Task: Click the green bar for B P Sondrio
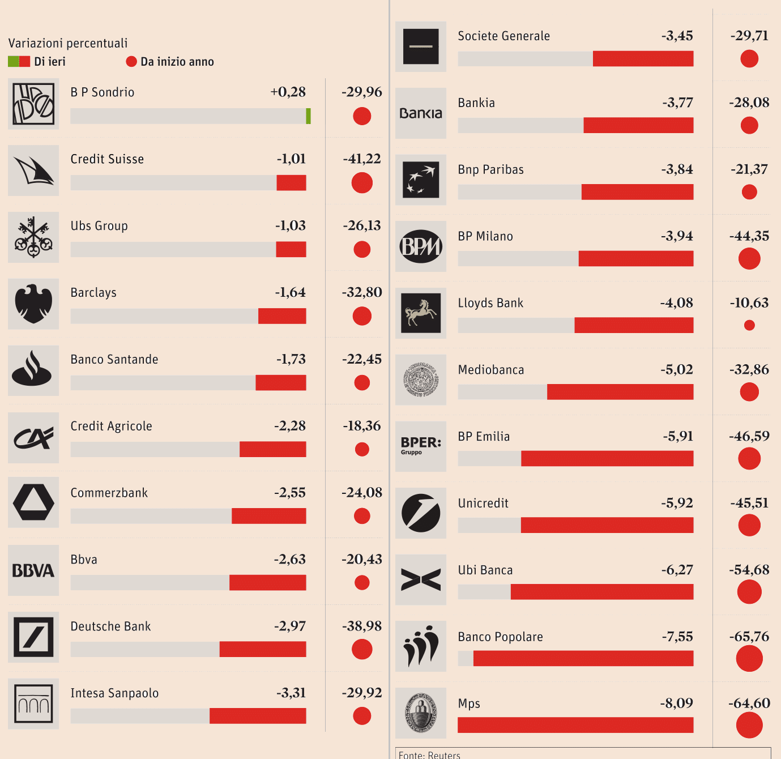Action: pos(308,116)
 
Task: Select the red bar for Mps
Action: pos(575,725)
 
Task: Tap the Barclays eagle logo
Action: pos(33,304)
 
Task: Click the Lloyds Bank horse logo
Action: pos(421,313)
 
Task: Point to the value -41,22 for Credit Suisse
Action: pos(362,159)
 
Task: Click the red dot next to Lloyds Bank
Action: pos(749,325)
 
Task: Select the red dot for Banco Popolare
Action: pos(749,659)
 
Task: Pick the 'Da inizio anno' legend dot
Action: pos(131,62)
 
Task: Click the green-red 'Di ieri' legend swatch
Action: pos(19,62)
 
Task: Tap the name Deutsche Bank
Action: pos(110,626)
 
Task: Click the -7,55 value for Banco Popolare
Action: pos(677,637)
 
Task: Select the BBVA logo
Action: pos(33,570)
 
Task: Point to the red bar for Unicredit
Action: pos(607,525)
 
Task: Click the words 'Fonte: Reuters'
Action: pos(429,754)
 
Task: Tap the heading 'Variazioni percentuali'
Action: pos(68,44)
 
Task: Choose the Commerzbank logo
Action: pos(33,502)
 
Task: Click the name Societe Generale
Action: pos(503,36)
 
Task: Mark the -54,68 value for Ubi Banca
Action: pos(749,570)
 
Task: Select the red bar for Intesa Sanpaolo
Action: pos(258,716)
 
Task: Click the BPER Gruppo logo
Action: pos(421,446)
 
